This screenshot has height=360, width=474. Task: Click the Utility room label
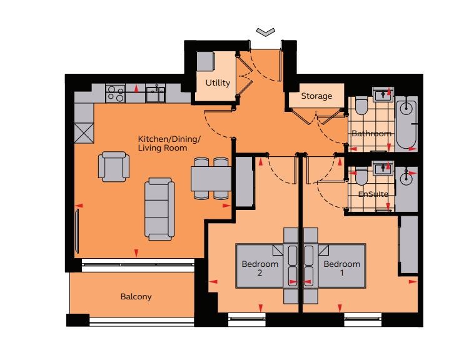pyautogui.click(x=218, y=82)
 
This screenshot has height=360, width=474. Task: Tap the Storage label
pyautogui.click(x=316, y=96)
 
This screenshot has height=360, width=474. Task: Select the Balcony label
pyautogui.click(x=136, y=297)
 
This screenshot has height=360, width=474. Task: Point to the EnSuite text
pyautogui.click(x=373, y=194)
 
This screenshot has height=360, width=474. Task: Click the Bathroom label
pyautogui.click(x=371, y=133)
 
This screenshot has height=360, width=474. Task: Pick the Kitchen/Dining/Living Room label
pyautogui.click(x=169, y=144)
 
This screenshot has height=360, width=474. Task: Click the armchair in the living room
pyautogui.click(x=114, y=166)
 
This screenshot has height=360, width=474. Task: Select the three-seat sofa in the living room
pyautogui.click(x=159, y=209)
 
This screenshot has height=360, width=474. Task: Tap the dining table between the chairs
pyautogui.click(x=211, y=179)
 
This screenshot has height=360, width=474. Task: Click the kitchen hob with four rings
pyautogui.click(x=116, y=93)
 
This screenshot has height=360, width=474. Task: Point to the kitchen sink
pyautogui.click(x=155, y=93)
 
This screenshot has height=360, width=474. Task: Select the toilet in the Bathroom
pyautogui.click(x=361, y=106)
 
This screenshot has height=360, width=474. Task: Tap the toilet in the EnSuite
pyautogui.click(x=361, y=177)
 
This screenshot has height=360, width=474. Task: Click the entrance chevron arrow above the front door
pyautogui.click(x=266, y=32)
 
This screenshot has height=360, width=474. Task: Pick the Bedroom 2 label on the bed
pyautogui.click(x=260, y=268)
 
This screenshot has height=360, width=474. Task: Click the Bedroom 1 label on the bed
pyautogui.click(x=342, y=268)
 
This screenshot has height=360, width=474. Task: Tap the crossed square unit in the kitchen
pyautogui.click(x=84, y=132)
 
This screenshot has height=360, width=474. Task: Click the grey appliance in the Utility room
pyautogui.click(x=206, y=61)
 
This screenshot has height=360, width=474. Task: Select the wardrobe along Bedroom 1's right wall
pyautogui.click(x=409, y=244)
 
